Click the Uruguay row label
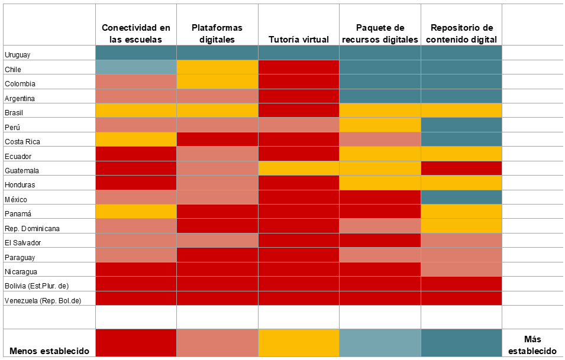[x=17, y=55]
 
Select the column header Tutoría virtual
[x=299, y=40]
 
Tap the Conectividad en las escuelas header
[x=136, y=34]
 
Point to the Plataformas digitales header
[x=217, y=34]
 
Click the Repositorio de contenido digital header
[x=461, y=34]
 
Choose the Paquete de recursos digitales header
[x=380, y=34]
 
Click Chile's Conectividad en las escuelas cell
[x=136, y=67]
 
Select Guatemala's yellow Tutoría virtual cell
[x=299, y=168]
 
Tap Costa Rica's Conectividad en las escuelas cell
[x=136, y=140]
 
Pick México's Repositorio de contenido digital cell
[x=461, y=197]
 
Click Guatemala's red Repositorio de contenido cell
[x=461, y=168]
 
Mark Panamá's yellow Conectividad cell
[x=136, y=212]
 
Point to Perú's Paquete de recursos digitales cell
[x=380, y=125]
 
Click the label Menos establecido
[x=50, y=351]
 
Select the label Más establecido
[x=533, y=345]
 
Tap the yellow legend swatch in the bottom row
[x=299, y=343]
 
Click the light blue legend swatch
[x=380, y=343]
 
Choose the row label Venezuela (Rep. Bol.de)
[x=43, y=300]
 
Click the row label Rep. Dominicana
[x=32, y=228]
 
